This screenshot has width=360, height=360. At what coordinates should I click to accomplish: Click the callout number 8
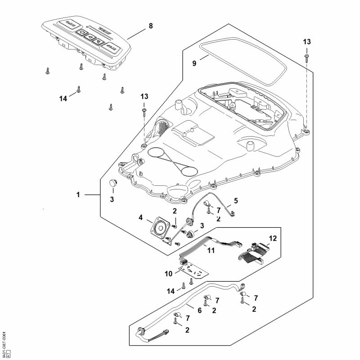(150, 26)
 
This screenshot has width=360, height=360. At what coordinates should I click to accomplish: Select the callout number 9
(194, 63)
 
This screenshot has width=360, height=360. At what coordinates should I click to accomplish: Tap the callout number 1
(78, 195)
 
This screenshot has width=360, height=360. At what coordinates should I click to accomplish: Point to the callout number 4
(141, 218)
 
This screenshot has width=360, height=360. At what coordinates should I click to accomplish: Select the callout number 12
(272, 237)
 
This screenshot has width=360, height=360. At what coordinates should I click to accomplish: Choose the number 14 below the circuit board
(171, 291)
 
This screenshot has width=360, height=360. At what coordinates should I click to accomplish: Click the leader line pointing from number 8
(137, 32)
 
